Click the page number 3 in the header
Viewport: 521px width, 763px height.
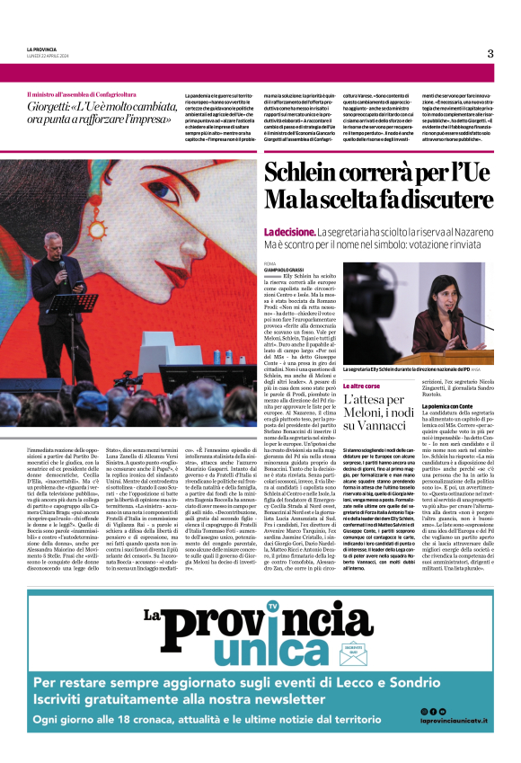pos(490,53)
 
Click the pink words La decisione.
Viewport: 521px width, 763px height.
pos(289,230)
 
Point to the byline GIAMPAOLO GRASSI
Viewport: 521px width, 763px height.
pos(287,266)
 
